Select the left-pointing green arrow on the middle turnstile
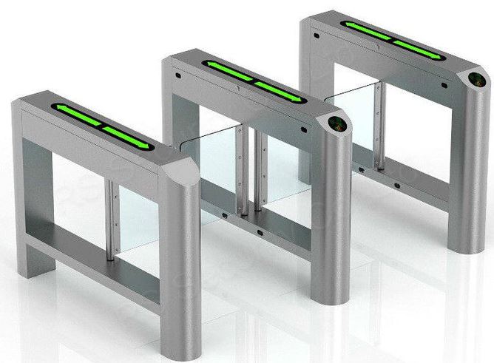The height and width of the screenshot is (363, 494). click(x=228, y=71)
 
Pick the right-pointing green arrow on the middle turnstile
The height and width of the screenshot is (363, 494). click(x=280, y=92)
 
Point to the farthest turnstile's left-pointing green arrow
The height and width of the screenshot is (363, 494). click(x=368, y=32)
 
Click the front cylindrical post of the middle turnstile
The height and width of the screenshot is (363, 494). click(x=330, y=222)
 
